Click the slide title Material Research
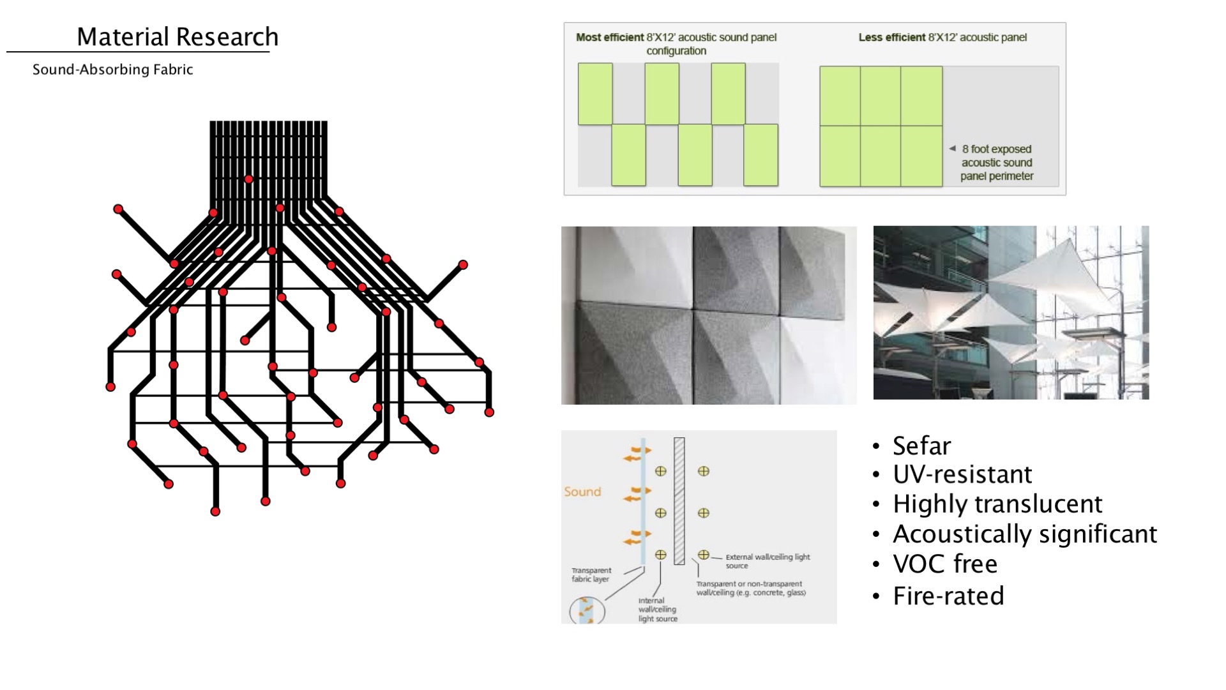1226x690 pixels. (177, 37)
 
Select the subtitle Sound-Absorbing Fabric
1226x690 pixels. (112, 70)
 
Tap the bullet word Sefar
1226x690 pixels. (921, 446)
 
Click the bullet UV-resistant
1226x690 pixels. (962, 474)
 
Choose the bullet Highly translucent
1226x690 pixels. (997, 504)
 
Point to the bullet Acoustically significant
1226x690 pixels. (1025, 534)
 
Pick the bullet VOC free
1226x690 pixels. (945, 564)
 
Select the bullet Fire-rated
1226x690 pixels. (948, 596)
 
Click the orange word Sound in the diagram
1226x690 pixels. (582, 491)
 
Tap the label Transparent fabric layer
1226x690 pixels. (591, 574)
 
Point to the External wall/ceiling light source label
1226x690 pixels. (767, 561)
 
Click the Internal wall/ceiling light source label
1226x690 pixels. (657, 610)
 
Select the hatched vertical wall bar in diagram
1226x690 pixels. (679, 501)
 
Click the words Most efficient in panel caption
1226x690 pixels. (610, 38)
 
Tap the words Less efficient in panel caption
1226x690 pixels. (891, 38)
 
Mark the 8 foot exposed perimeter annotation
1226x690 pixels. (997, 163)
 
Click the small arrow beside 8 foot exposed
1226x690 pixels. (952, 148)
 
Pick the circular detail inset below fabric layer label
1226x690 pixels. (587, 610)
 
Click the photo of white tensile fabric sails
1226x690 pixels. (1011, 313)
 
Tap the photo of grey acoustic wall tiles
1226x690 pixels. (709, 315)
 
